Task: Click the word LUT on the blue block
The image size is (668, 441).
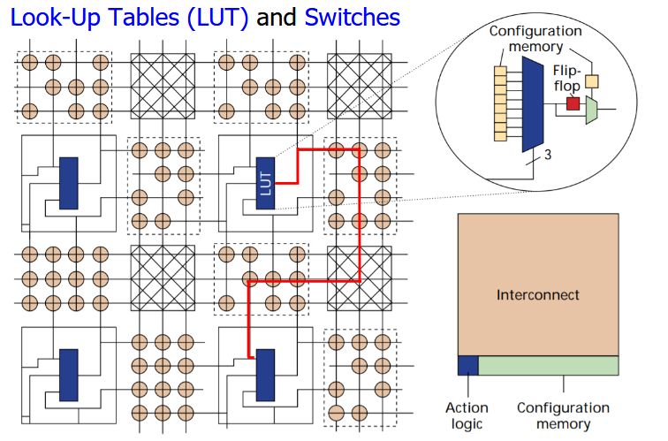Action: coord(265,183)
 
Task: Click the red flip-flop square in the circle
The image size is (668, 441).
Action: coord(573,104)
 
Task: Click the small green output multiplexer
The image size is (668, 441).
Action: coord(592,110)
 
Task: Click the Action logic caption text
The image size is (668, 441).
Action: coord(467,415)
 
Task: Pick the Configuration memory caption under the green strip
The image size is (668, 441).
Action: coord(563,415)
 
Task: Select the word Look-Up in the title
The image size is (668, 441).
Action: coord(53,17)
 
